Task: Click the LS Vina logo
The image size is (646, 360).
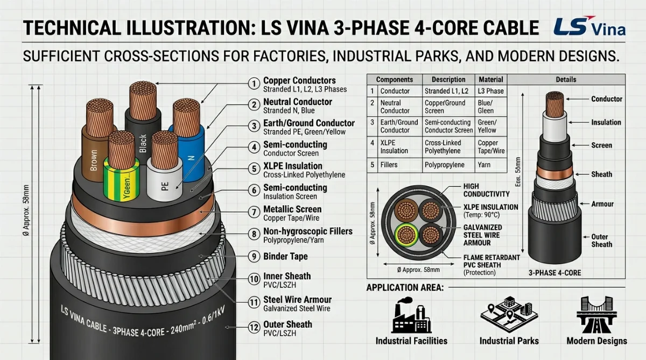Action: (589, 26)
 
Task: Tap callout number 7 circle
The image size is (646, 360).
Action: (254, 212)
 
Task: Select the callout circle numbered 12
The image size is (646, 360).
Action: (254, 327)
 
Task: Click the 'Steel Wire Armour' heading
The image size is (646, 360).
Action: (297, 300)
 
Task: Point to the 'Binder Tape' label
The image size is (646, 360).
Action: (285, 256)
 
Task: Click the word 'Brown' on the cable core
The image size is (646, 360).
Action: (94, 160)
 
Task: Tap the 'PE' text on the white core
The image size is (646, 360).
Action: (165, 186)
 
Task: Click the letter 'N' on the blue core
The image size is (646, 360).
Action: (191, 158)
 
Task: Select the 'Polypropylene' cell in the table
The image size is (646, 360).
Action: (445, 165)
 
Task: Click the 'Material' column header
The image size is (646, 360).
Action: (491, 80)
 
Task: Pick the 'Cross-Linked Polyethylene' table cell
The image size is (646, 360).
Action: (443, 147)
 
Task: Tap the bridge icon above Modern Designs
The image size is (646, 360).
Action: (596, 314)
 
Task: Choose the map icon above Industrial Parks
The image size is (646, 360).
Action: (509, 314)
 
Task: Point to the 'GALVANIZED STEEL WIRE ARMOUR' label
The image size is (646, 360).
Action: (483, 235)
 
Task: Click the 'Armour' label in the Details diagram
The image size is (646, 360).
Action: (602, 204)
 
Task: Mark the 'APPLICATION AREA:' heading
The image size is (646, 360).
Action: (405, 287)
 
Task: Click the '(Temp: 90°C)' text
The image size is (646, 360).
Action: (481, 215)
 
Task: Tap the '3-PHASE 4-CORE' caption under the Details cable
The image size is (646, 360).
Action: (555, 273)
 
